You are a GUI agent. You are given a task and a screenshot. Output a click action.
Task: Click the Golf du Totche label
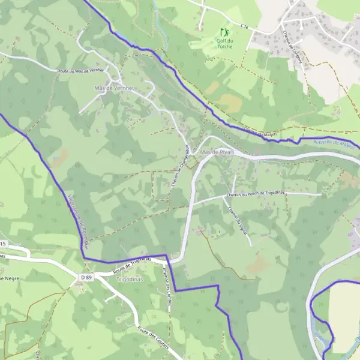224,43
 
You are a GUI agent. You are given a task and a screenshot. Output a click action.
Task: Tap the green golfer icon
224,31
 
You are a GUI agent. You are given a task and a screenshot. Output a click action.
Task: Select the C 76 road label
244,26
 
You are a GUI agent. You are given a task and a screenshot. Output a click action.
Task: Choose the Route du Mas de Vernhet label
80,70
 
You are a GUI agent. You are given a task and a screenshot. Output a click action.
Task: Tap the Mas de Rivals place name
217,153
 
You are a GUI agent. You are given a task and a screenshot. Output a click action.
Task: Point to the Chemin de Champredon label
181,166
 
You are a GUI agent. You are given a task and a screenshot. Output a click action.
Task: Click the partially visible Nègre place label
10,278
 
